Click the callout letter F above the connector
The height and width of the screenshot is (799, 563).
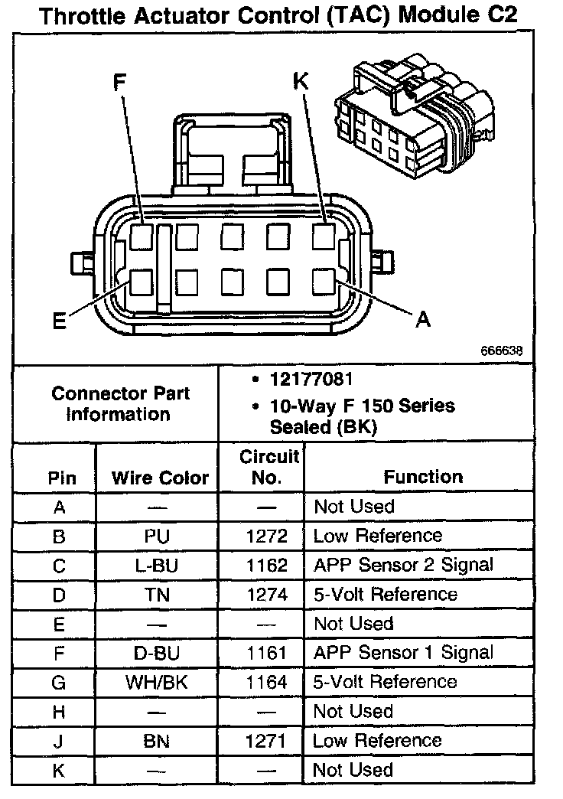(119, 83)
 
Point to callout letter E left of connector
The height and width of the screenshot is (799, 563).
(59, 321)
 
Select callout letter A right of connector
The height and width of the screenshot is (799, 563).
(422, 320)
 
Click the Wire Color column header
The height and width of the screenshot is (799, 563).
(160, 478)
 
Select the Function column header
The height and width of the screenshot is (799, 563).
(423, 477)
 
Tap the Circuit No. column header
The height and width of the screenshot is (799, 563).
(268, 468)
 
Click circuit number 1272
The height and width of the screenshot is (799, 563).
(268, 536)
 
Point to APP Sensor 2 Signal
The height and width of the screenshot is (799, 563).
(403, 565)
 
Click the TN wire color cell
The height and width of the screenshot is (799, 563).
(157, 595)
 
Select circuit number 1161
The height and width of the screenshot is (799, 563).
(268, 653)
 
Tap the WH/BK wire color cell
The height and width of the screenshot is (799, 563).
(157, 682)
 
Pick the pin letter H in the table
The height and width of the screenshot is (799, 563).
(59, 712)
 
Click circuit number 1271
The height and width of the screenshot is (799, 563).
(268, 741)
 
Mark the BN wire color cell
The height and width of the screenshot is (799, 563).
(157, 741)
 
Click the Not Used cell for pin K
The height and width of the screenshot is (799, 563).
(353, 770)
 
